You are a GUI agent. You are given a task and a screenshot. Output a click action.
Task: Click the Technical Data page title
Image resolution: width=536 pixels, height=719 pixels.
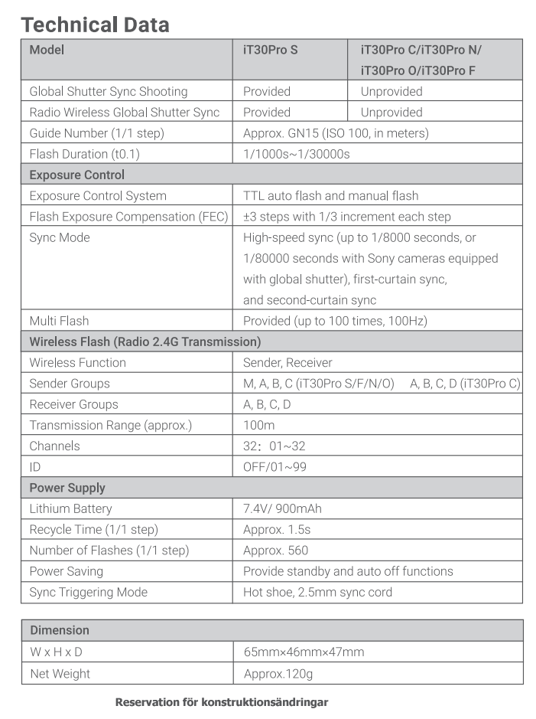pos(96,25)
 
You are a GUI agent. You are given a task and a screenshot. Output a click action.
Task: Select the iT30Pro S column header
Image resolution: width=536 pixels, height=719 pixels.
pos(271,51)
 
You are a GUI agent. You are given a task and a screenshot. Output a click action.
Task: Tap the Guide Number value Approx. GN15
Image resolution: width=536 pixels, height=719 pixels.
pos(336,133)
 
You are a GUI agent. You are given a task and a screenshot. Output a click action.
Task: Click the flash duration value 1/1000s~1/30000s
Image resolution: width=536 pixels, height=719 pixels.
pos(297,154)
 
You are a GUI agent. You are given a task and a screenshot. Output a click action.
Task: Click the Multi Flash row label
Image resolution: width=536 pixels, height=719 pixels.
pos(59,321)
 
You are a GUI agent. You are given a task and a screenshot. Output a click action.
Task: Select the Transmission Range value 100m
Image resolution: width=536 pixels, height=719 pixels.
pos(258,425)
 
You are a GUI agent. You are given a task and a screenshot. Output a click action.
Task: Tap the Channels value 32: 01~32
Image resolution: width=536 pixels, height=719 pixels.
pos(274,446)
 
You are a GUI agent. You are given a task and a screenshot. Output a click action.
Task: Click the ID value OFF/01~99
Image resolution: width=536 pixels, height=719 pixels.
pos(274,466)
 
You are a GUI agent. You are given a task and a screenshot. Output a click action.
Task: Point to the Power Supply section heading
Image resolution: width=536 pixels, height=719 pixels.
pos(67,488)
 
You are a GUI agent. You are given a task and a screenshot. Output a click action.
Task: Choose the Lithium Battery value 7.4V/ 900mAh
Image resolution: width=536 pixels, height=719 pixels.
pos(286,508)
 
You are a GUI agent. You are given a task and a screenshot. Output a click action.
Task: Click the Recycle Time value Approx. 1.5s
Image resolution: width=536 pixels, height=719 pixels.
pos(277,529)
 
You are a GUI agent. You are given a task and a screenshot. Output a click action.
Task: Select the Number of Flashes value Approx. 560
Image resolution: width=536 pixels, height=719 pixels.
pos(275,551)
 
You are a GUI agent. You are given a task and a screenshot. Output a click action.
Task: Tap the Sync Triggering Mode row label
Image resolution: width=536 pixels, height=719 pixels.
pos(88,592)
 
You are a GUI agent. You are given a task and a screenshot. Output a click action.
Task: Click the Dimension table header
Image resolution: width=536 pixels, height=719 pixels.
pos(60,630)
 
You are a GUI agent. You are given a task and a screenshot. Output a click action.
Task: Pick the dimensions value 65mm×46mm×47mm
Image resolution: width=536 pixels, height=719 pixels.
pos(304,652)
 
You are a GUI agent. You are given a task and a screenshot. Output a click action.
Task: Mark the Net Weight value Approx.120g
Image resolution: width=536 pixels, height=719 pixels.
pos(278,674)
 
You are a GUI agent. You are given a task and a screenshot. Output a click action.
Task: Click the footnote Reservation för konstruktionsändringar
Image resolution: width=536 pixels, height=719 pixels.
pos(222,701)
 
